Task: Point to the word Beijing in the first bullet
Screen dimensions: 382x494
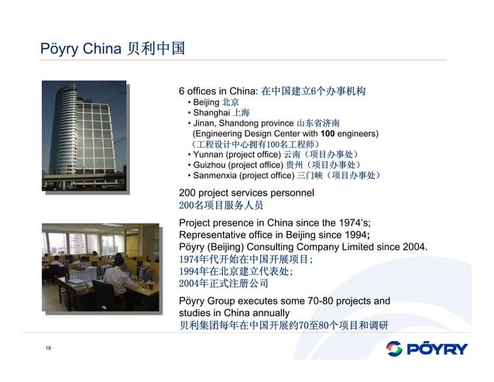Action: (x=205, y=102)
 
